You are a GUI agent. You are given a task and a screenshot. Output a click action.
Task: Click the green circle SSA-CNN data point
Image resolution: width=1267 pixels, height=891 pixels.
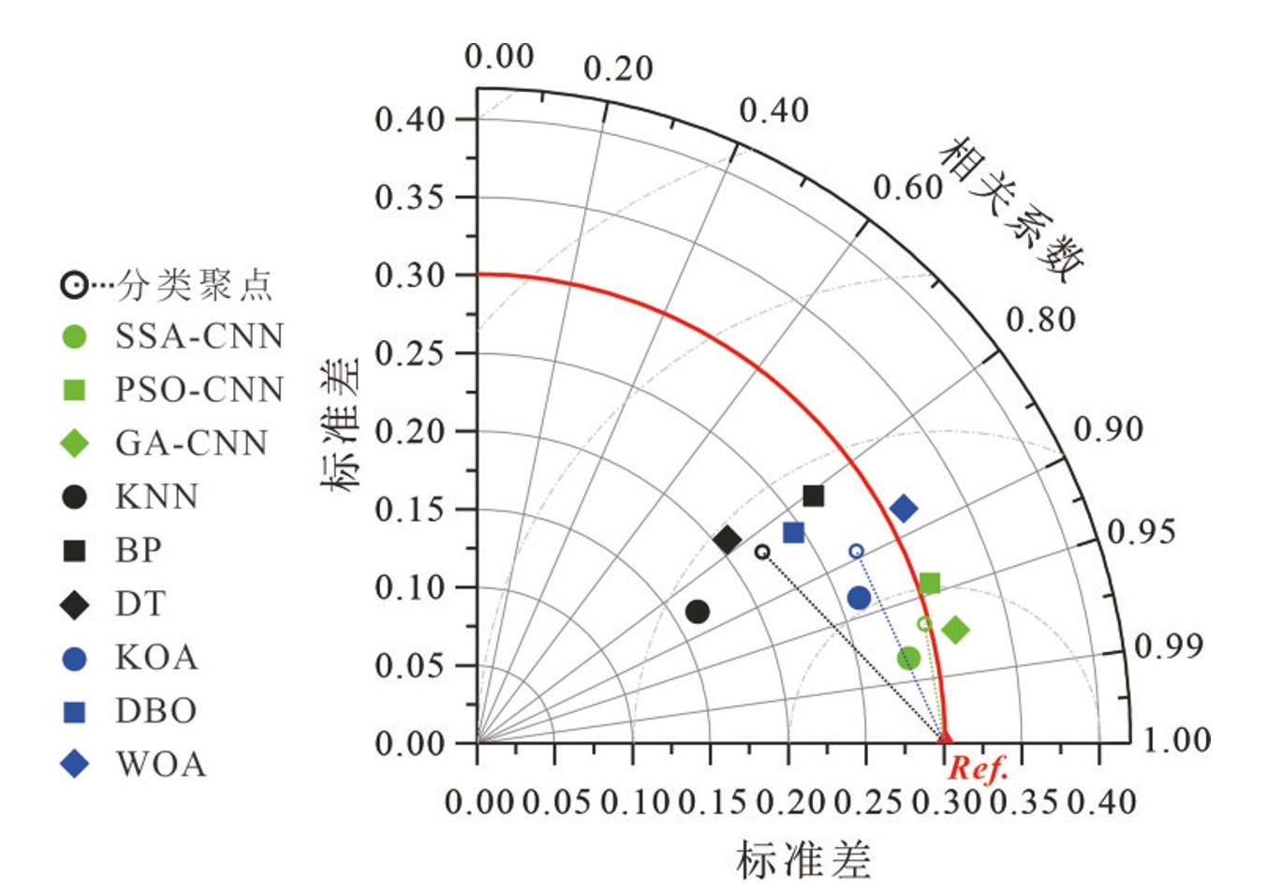907,658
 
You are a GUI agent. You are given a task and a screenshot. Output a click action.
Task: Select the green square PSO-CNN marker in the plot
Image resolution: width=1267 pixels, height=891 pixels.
929,584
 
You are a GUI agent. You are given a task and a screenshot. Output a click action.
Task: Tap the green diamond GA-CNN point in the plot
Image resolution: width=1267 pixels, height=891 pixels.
955,630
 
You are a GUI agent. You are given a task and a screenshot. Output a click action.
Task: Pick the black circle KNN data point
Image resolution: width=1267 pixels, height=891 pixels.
697,612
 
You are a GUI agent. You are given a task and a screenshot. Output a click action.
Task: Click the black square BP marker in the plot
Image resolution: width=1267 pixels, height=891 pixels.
813,496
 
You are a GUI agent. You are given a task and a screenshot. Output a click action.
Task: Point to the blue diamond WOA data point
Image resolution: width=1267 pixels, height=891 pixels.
904,509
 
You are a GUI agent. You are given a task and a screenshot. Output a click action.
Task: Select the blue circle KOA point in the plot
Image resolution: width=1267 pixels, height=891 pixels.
859,598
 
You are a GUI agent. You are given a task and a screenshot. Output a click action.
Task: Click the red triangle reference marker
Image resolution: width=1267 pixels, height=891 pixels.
944,738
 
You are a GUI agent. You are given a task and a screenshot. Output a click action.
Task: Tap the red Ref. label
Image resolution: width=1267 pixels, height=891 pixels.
978,769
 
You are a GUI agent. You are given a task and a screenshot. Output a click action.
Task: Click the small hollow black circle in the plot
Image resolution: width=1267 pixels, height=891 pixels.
762,552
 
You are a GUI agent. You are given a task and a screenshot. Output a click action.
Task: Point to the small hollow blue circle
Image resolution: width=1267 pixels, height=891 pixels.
856,551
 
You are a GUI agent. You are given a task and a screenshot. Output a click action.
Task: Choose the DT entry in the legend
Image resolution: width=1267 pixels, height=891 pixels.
140,604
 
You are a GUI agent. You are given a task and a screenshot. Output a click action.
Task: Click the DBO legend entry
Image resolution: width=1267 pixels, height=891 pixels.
155,711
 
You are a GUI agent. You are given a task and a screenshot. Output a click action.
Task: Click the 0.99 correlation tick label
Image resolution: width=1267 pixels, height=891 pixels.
1168,646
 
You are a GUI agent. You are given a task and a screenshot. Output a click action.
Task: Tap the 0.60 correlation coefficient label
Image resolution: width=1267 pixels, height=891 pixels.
906,187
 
